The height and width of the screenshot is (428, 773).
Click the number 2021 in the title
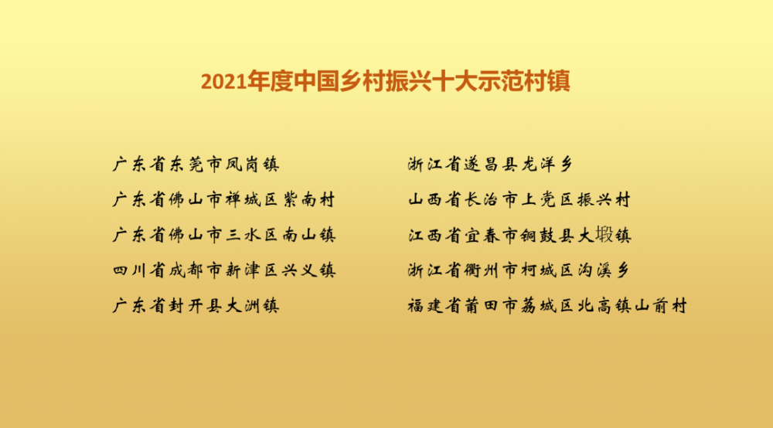click(x=223, y=82)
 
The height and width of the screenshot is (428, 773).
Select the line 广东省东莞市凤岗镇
click(x=196, y=164)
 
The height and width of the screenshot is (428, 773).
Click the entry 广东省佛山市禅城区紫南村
click(x=224, y=199)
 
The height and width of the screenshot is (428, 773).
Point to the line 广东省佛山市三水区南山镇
click(x=224, y=235)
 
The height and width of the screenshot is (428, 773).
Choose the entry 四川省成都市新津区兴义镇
click(x=224, y=270)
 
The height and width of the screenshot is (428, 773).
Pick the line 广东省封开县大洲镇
click(x=196, y=306)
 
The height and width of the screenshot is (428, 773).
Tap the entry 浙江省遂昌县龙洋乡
click(x=490, y=164)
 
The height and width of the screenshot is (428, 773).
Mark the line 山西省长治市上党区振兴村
click(x=519, y=199)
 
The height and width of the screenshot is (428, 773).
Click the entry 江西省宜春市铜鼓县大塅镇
click(x=519, y=235)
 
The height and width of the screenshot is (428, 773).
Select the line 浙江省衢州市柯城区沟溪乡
click(x=519, y=270)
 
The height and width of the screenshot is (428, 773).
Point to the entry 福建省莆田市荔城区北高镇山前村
click(x=547, y=306)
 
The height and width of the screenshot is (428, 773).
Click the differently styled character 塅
click(x=604, y=234)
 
